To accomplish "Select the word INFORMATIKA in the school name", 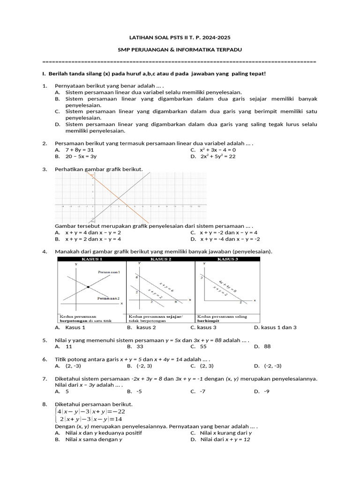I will coord(189,49).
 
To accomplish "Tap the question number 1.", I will coord(44,86).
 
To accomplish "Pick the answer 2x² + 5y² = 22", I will coord(217,157).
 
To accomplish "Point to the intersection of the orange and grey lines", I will coord(118,195).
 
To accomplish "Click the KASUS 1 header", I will coord(92,259).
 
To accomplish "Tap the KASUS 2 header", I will coord(160,259).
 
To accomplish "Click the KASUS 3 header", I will coord(227,259).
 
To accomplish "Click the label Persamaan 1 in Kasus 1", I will coord(109,272).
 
